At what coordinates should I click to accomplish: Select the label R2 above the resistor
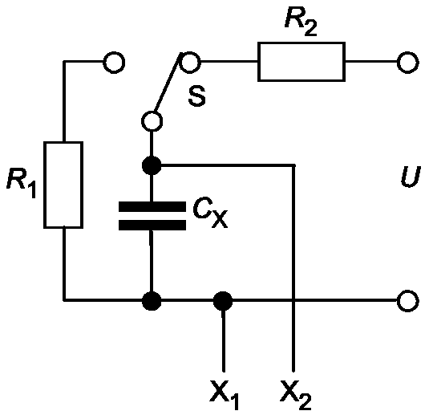coord(301,22)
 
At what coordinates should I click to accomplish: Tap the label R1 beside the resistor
coord(22,183)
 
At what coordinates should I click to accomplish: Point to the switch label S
coord(197,96)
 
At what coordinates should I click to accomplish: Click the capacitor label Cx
coord(210,214)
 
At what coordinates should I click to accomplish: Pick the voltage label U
coord(410,177)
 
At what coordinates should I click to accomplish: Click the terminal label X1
coord(224,394)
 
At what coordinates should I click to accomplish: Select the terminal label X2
coord(296,394)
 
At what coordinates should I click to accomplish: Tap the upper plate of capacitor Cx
coord(152,206)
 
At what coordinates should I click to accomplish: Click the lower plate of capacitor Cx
coord(152,225)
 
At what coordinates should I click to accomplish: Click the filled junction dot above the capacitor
coord(152,165)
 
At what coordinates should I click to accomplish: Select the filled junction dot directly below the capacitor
coord(152,301)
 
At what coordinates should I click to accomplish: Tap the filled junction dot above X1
coord(223,301)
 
